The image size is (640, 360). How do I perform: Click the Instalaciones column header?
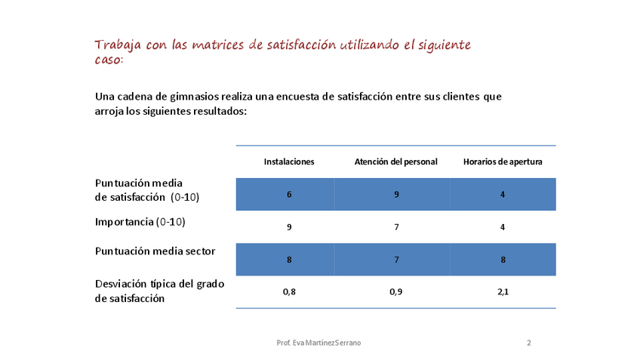point(289,162)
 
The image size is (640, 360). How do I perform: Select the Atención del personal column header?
point(396,162)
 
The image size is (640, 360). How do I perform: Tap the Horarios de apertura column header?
point(503,162)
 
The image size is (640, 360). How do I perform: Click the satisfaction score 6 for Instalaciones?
point(289,194)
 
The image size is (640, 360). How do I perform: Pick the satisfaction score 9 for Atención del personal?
point(396,194)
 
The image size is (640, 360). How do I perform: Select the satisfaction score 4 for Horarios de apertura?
point(503,194)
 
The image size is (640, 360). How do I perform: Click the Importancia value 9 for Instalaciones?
point(289,226)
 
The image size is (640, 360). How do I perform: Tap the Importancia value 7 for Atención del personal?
point(396,226)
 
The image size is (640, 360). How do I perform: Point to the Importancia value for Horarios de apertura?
point(503,226)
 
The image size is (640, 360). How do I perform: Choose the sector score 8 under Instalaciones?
point(289,259)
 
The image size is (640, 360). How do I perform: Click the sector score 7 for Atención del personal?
point(396,259)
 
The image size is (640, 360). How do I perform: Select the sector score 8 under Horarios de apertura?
point(503,259)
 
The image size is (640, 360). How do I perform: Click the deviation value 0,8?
point(289,291)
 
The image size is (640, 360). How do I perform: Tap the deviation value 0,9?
point(396,291)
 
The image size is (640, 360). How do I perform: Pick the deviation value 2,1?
point(503,291)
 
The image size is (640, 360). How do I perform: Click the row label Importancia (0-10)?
point(140,222)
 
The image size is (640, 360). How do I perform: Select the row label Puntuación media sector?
point(155,251)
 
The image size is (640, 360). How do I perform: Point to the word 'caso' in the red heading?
point(106,60)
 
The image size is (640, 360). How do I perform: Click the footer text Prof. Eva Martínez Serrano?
point(319,343)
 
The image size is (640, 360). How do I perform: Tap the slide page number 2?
point(528,343)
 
